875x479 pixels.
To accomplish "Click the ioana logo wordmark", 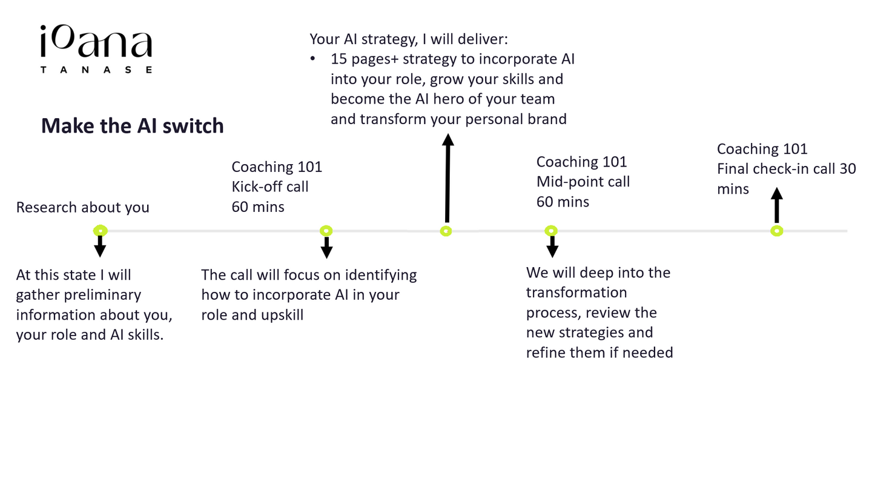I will [x=96, y=44].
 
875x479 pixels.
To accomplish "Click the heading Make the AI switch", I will [x=133, y=126].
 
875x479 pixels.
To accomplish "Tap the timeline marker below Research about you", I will [x=101, y=231].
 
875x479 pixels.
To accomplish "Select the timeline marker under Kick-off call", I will [x=326, y=231].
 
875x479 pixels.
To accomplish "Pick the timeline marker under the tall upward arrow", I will [x=446, y=231].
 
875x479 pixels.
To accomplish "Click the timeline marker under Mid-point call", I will [x=551, y=231].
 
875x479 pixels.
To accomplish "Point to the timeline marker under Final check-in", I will [x=777, y=231].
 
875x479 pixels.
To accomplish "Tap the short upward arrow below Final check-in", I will [x=777, y=205].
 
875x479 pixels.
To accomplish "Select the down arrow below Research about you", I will [x=101, y=246].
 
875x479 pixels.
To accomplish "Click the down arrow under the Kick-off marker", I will [x=326, y=248].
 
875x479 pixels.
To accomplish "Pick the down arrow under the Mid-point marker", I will [x=552, y=246].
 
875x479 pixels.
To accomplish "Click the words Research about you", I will [x=82, y=207].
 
